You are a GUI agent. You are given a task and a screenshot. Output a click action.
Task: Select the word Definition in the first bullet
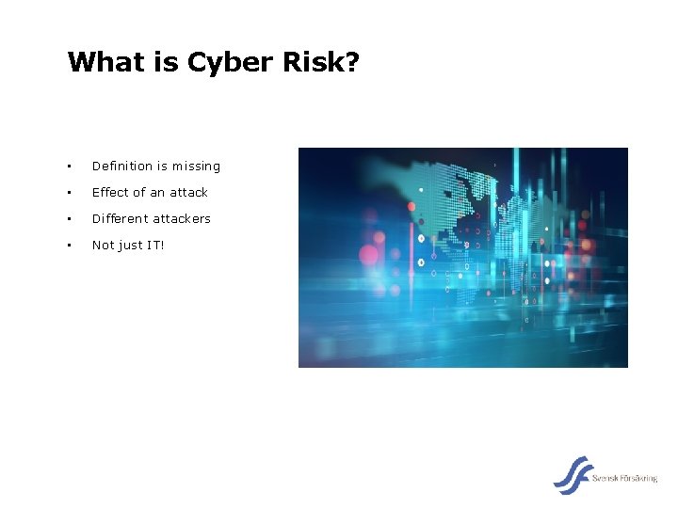pyautogui.click(x=121, y=167)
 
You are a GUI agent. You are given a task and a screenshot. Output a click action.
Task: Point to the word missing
pyautogui.click(x=197, y=167)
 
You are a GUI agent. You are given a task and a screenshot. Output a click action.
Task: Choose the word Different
pyautogui.click(x=121, y=219)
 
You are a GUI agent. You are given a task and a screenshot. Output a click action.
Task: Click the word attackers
pyautogui.click(x=183, y=219)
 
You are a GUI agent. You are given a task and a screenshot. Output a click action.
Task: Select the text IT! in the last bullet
pyautogui.click(x=153, y=246)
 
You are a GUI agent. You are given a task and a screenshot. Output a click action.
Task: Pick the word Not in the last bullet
pyautogui.click(x=102, y=246)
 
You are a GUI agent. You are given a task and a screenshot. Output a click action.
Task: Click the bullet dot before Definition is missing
pyautogui.click(x=69, y=167)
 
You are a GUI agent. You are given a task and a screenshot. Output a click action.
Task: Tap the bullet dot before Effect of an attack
pyautogui.click(x=69, y=193)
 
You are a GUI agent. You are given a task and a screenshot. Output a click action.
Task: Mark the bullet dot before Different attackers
pyautogui.click(x=69, y=219)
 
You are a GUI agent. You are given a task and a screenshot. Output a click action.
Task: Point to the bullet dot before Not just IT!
pyautogui.click(x=69, y=246)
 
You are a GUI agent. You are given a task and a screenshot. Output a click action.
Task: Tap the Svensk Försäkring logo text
pyautogui.click(x=625, y=479)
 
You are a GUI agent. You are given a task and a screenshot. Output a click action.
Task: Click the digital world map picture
pyautogui.click(x=462, y=257)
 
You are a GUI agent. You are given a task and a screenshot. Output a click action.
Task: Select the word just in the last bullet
pyautogui.click(x=128, y=246)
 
